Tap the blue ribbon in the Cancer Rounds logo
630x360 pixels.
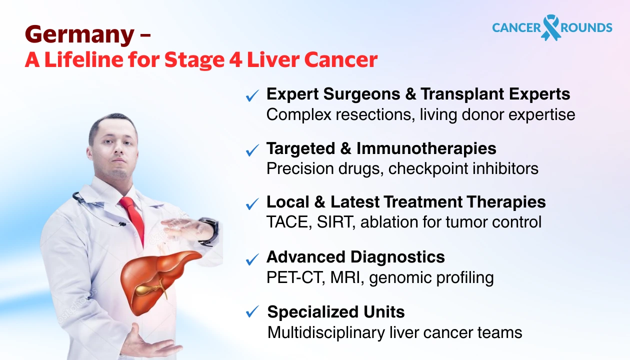pos(551,27)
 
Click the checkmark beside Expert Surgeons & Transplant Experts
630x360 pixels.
pos(252,95)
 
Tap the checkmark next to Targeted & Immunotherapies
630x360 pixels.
pos(252,149)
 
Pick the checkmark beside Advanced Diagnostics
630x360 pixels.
pos(252,258)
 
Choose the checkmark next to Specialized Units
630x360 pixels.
pos(252,312)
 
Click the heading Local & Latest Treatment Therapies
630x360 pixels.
pos(405,202)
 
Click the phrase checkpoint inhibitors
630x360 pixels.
pos(463,168)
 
